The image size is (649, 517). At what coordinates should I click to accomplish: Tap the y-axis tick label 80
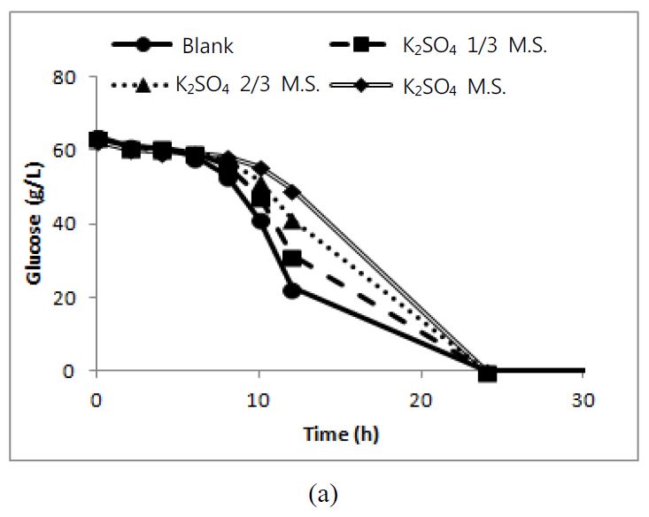coord(74,78)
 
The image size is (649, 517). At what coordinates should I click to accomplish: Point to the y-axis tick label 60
coord(74,150)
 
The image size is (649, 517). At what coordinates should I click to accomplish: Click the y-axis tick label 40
coord(74,224)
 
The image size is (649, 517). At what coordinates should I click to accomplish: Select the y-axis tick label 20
coord(74,297)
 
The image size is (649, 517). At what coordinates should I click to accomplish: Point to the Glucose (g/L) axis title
coord(35,223)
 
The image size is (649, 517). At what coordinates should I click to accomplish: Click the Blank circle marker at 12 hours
coord(292,290)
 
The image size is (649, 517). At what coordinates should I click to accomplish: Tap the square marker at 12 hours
coord(292,258)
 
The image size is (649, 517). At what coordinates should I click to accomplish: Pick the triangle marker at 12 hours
coord(292,222)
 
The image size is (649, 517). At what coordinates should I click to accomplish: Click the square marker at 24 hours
coord(487,373)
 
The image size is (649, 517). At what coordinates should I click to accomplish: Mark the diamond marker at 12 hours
coord(292,192)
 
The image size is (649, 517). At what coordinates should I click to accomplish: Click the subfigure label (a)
coord(324,494)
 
